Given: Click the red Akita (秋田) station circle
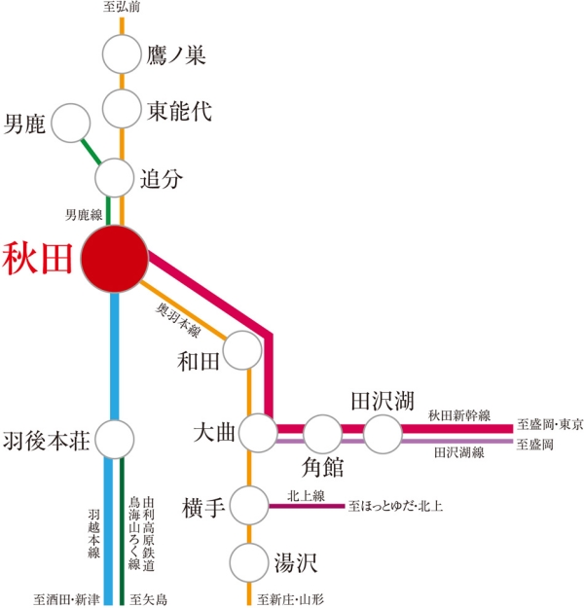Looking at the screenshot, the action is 115,259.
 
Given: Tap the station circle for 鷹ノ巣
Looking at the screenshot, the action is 122,54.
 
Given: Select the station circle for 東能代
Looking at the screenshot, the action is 122,109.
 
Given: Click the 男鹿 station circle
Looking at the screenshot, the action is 71,123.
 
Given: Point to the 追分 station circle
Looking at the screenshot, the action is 114,178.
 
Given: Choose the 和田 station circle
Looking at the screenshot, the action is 243,350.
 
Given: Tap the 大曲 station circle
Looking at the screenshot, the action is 258,433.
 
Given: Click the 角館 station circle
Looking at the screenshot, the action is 322,434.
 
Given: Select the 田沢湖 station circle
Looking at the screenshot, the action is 383,434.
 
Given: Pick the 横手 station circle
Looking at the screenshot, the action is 249,506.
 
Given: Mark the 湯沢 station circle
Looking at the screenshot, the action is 249,562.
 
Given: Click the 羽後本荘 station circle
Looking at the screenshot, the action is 115,440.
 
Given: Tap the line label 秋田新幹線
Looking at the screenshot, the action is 459,415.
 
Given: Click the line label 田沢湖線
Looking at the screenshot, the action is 459,452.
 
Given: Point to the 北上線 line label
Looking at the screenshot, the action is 307,495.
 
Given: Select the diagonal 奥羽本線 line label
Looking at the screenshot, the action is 178,320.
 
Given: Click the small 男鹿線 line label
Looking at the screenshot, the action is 84,215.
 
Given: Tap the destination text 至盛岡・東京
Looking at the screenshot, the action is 550,424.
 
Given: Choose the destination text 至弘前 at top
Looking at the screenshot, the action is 122,7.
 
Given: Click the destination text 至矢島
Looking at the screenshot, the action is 149,599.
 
